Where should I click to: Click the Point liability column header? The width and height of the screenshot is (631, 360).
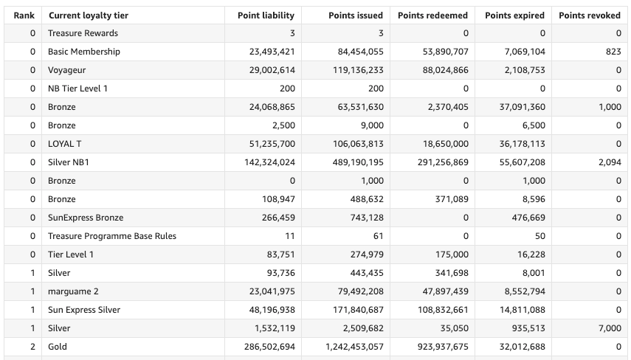click(266, 15)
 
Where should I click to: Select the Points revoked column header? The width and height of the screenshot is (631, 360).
click(590, 15)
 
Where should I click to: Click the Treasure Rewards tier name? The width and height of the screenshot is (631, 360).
click(83, 33)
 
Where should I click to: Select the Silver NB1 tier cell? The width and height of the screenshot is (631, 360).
click(69, 162)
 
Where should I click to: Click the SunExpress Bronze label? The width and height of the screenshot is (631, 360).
click(86, 218)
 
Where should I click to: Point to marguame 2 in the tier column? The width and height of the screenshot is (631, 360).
click(73, 291)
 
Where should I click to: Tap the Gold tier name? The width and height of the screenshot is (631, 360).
click(57, 347)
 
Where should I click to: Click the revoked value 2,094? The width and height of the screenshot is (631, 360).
click(610, 162)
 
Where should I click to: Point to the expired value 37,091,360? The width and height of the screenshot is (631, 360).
click(516, 107)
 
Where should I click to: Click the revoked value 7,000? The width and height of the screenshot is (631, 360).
click(610, 328)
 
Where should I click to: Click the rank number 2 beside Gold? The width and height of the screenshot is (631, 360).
click(32, 347)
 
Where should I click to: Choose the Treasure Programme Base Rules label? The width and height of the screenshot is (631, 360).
click(112, 236)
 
